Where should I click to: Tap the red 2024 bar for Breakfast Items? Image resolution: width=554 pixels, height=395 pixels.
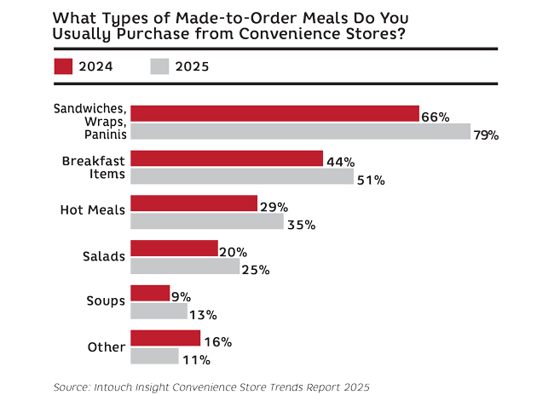[227, 159]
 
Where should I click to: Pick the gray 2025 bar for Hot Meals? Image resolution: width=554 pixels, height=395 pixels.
[207, 221]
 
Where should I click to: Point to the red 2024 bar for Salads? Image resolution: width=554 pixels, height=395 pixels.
[175, 248]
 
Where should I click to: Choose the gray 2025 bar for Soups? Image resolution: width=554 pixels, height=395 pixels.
[159, 312]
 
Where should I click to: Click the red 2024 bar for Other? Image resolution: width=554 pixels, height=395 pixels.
[165, 339]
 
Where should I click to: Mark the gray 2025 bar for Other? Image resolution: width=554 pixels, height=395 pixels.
[154, 356]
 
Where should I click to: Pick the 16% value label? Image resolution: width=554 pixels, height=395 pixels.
[218, 342]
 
